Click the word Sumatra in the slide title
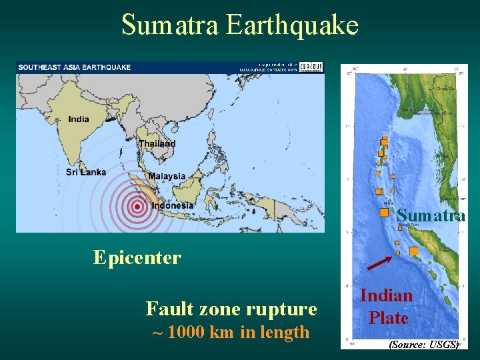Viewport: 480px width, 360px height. click(x=171, y=25)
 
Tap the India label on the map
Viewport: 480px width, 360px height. click(x=78, y=119)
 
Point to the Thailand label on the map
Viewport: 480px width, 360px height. click(x=157, y=143)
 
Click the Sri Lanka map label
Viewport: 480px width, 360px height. click(x=86, y=172)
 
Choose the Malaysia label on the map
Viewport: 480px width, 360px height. click(x=167, y=176)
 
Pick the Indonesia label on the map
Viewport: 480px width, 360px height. click(x=173, y=205)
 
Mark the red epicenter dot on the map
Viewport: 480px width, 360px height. click(x=137, y=207)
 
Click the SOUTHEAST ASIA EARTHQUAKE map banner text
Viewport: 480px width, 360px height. click(x=75, y=67)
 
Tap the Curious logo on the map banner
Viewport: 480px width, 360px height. click(x=310, y=67)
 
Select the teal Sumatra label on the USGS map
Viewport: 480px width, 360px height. click(x=431, y=215)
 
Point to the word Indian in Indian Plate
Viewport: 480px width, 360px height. click(x=387, y=295)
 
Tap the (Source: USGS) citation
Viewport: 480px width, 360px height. click(x=424, y=344)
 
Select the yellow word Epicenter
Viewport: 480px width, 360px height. click(x=137, y=257)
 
